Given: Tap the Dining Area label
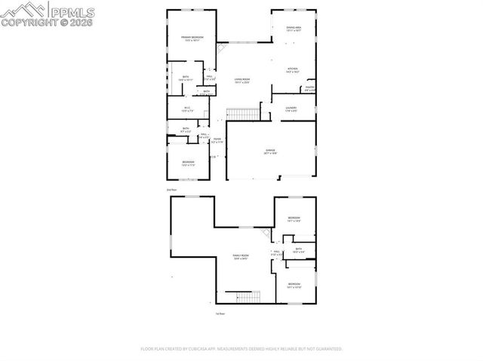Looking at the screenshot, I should coord(294,29).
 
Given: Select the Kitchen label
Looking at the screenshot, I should coord(292,69).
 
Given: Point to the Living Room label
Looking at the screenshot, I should coord(241,81).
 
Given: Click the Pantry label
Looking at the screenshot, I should coord(309,89).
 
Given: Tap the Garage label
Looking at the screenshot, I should coord(270,151).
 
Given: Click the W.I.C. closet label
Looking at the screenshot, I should coord(187,110).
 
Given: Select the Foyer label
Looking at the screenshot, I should coord(217,140).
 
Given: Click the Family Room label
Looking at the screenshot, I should coord(241,258).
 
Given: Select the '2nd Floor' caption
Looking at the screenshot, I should coord(173,190).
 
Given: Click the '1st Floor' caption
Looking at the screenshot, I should coord(220,313).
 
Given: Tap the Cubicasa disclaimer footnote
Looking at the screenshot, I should coord(241,349).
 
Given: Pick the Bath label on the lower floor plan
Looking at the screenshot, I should coord(298,250).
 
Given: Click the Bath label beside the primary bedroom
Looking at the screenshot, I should coord(186,78).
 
